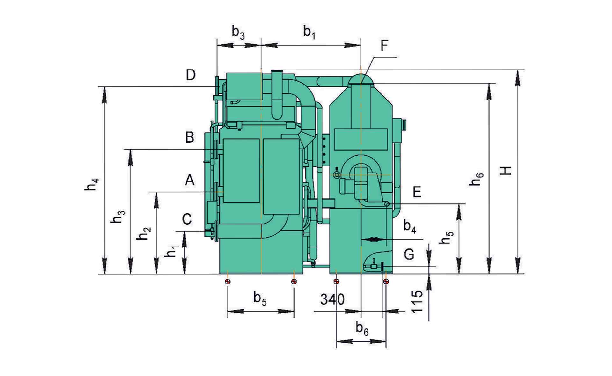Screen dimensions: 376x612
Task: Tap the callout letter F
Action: pyautogui.click(x=384, y=45)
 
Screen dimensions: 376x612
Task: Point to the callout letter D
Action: pyautogui.click(x=191, y=75)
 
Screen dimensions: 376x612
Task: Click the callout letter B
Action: pyautogui.click(x=190, y=137)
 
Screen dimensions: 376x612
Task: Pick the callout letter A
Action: pyautogui.click(x=190, y=181)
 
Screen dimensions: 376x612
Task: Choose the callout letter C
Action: pyautogui.click(x=187, y=219)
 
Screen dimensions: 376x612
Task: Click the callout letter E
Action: pyautogui.click(x=417, y=192)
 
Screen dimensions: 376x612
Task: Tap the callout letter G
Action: pyautogui.click(x=409, y=254)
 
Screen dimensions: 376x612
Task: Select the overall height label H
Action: pyautogui.click(x=506, y=171)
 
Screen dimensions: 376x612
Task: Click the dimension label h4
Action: pyautogui.click(x=92, y=185)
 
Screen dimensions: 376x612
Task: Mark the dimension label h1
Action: pyautogui.click(x=172, y=252)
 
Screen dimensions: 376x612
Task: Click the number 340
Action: pyautogui.click(x=332, y=299)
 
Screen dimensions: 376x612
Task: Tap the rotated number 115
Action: pyautogui.click(x=417, y=301)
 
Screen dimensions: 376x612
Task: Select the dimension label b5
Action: pyautogui.click(x=260, y=299)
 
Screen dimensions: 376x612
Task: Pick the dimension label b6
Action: pyautogui.click(x=362, y=328)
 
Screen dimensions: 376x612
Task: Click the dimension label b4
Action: pyautogui.click(x=410, y=226)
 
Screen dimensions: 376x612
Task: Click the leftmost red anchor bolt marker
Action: pyautogui.click(x=227, y=281)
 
